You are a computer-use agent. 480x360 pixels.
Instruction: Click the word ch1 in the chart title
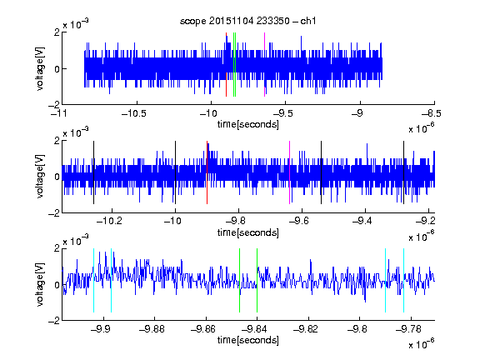[x=308, y=21]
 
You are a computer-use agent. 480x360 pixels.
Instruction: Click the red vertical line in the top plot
[x=226, y=65]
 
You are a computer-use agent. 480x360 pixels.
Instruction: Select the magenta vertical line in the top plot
[x=264, y=65]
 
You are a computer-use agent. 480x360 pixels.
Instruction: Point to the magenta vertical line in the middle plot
[x=290, y=172]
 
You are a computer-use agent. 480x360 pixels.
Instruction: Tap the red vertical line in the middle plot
[x=207, y=172]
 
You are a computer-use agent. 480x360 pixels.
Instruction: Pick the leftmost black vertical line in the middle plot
[x=93, y=172]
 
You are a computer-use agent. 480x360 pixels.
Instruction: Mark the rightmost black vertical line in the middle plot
[x=403, y=172]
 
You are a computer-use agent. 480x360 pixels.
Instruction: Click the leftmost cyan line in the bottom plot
[x=93, y=280]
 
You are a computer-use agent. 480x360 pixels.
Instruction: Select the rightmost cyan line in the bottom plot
[x=404, y=280]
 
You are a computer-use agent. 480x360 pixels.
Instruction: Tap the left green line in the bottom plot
[x=239, y=280]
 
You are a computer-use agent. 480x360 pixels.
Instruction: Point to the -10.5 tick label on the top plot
[x=134, y=113]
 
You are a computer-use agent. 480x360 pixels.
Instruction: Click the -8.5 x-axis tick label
[x=431, y=113]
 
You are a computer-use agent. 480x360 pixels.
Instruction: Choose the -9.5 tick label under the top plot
[x=282, y=113]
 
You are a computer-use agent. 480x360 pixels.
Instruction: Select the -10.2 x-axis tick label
[x=109, y=221]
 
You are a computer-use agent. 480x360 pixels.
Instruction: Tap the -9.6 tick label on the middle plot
[x=299, y=221]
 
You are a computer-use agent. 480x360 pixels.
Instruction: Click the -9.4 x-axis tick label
[x=362, y=221]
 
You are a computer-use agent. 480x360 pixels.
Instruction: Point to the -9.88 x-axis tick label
[x=152, y=329]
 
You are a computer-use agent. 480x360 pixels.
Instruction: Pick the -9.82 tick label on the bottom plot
[x=306, y=329]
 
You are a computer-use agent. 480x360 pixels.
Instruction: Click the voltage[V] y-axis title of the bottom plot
[x=40, y=284]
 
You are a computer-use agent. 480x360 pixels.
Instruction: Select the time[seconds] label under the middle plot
[x=248, y=232]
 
